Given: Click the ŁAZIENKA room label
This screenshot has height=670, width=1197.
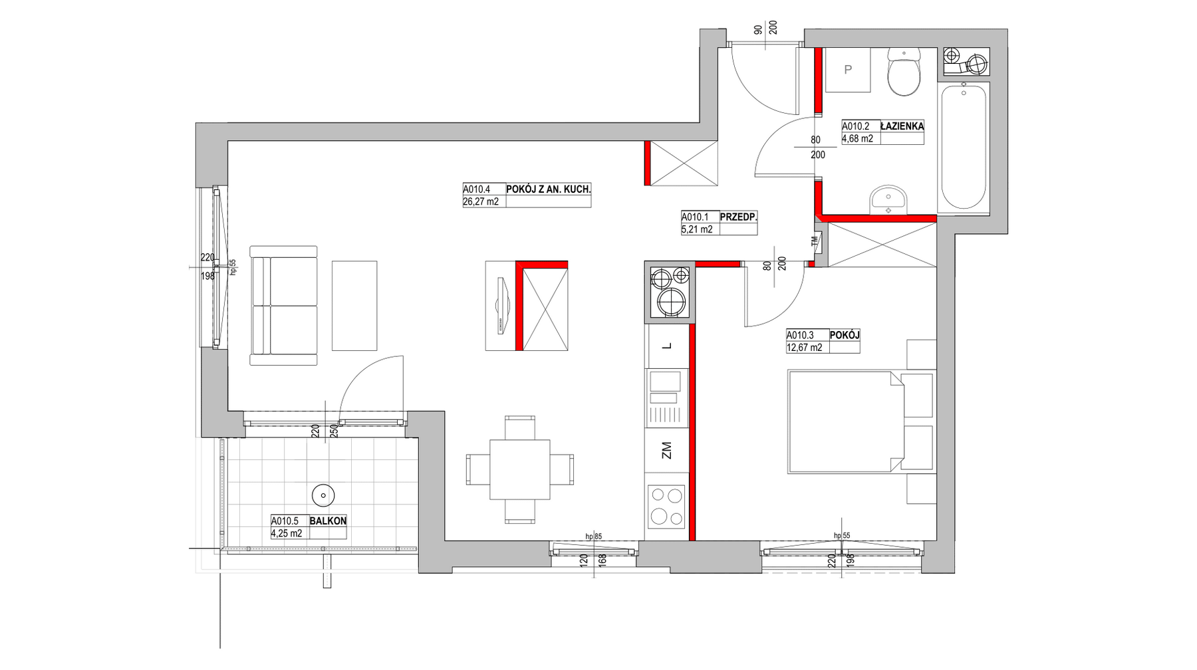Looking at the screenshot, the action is click(901, 126).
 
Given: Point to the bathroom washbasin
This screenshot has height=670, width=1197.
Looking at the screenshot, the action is click(888, 200).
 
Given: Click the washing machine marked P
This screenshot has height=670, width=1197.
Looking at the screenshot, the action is click(848, 70).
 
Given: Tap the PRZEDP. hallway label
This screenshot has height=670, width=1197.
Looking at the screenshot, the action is click(739, 217).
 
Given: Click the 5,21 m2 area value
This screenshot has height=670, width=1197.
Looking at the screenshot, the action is click(697, 229).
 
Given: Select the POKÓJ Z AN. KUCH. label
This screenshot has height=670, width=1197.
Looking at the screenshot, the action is click(549, 189).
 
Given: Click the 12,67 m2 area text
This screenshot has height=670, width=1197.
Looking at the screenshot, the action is click(804, 347).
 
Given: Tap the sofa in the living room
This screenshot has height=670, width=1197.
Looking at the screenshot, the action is click(283, 306).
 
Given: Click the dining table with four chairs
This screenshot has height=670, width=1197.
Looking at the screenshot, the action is click(519, 469).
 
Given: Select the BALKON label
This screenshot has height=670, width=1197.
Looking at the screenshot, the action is click(328, 521).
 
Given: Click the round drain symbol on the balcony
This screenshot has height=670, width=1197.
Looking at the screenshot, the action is click(323, 495).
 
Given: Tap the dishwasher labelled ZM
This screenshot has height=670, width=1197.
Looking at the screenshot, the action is click(667, 451).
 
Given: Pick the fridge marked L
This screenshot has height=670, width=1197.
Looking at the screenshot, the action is click(667, 346).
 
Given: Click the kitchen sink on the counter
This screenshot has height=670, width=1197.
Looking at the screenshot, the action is click(666, 398).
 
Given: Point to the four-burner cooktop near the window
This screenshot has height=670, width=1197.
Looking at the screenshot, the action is click(666, 506).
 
